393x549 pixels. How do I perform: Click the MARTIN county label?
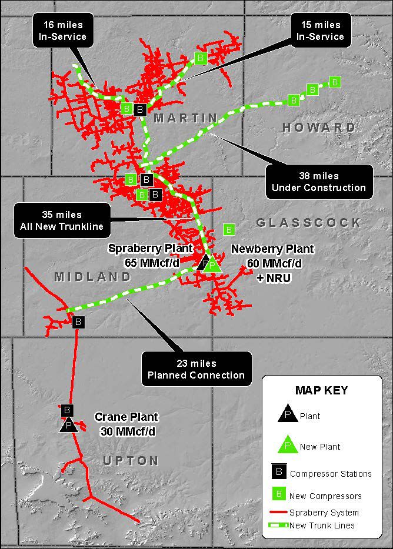click(x=185, y=118)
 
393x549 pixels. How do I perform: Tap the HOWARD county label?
click(x=319, y=127)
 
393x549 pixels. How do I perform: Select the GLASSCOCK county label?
click(x=308, y=222)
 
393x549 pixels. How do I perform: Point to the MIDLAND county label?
click(x=94, y=277)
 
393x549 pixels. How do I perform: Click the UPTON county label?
click(x=131, y=460)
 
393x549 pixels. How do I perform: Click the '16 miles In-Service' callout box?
click(x=64, y=31)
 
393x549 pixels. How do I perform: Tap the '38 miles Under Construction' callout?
click(x=319, y=182)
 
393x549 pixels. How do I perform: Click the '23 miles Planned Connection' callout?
click(x=196, y=369)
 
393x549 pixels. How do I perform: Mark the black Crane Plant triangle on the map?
click(x=69, y=424)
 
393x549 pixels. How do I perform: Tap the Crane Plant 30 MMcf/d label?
click(x=126, y=423)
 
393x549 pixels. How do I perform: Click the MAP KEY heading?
click(x=321, y=390)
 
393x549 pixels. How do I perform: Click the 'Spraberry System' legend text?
click(x=324, y=513)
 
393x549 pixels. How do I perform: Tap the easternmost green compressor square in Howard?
click(x=335, y=82)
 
